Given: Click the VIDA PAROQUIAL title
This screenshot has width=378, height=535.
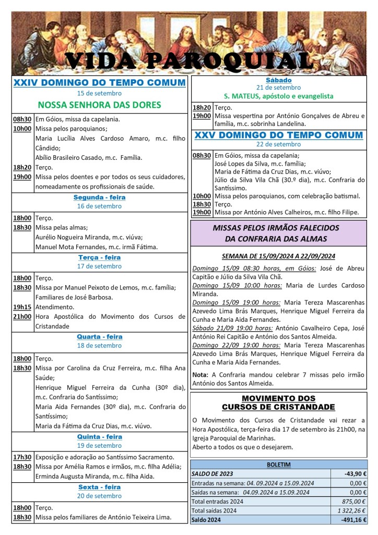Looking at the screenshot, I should (x=189, y=61).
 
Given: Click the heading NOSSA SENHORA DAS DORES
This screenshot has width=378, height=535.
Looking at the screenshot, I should (x=99, y=104).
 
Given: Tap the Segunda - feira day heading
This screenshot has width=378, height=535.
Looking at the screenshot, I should (x=99, y=197).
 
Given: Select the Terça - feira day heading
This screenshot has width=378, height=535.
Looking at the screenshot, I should (x=99, y=258).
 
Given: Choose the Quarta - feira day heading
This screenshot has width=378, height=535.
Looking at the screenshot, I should (x=99, y=337).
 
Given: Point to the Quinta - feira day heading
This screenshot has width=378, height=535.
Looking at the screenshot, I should (x=99, y=437).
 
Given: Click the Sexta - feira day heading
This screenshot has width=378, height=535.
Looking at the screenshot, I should (x=99, y=487).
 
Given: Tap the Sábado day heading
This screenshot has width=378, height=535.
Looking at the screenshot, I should (x=279, y=80).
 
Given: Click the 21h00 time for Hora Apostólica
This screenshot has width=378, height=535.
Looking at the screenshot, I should (x=22, y=317).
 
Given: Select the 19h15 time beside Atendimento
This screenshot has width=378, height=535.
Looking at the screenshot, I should (x=22, y=307).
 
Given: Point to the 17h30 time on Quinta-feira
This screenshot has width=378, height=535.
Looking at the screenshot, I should (x=22, y=457).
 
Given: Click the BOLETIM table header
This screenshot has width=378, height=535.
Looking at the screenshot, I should (x=279, y=464).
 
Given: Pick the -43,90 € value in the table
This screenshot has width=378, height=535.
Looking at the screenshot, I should (x=356, y=474).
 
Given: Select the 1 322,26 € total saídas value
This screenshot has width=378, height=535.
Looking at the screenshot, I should (x=352, y=510).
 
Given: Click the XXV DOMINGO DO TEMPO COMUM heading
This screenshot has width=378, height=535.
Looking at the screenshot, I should (x=279, y=135).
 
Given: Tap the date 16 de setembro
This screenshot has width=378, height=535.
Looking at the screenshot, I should (x=99, y=206).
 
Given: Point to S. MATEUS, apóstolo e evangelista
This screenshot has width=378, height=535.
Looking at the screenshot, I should (x=279, y=96).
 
